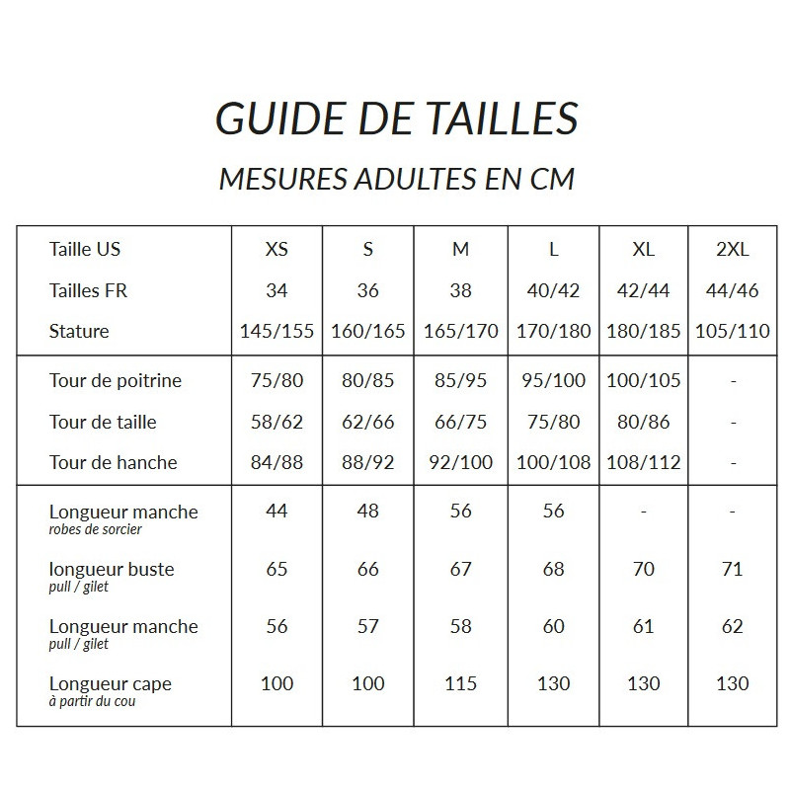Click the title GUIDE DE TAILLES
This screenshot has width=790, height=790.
click(x=396, y=118)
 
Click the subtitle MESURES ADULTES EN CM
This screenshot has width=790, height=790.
click(x=396, y=180)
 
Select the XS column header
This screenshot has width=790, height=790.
click(x=276, y=250)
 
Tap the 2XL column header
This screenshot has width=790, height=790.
click(x=732, y=250)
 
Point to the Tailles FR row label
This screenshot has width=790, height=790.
click(x=88, y=290)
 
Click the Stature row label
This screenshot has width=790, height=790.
click(x=79, y=331)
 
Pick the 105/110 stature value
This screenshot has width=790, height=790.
click(x=732, y=331)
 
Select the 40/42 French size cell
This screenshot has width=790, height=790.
click(x=553, y=290)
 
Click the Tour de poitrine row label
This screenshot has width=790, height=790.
click(x=116, y=380)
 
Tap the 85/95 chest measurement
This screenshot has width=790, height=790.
click(x=461, y=380)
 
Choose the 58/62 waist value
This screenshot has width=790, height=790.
click(x=276, y=422)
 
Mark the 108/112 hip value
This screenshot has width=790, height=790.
click(x=643, y=462)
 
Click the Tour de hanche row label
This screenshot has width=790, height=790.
click(x=114, y=462)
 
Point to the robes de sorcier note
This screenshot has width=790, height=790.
click(x=95, y=530)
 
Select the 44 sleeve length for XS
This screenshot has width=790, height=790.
click(x=276, y=512)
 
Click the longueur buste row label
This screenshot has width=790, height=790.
click(x=112, y=569)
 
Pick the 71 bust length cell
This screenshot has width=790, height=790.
click(x=732, y=569)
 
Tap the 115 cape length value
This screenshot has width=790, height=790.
click(x=461, y=683)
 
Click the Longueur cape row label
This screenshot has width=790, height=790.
click(x=110, y=683)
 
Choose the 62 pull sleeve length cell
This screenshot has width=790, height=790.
click(x=732, y=626)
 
